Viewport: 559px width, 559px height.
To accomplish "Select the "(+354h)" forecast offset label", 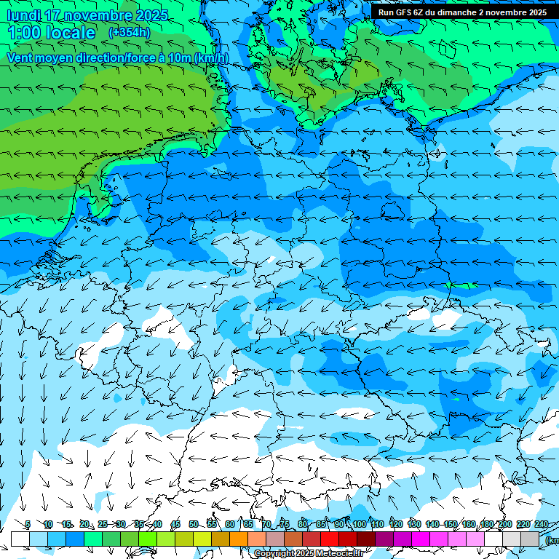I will click(130, 32).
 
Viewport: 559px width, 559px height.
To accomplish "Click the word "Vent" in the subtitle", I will click(22, 58).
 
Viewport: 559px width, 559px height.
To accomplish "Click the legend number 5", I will click(27, 524).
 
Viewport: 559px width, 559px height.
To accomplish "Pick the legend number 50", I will click(194, 524).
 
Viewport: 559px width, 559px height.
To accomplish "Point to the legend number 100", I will click(360, 524).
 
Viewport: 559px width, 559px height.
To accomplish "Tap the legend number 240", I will click(542, 524).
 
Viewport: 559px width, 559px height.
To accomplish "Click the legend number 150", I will click(451, 524).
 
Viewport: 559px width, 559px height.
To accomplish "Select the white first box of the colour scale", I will click(20, 538).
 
